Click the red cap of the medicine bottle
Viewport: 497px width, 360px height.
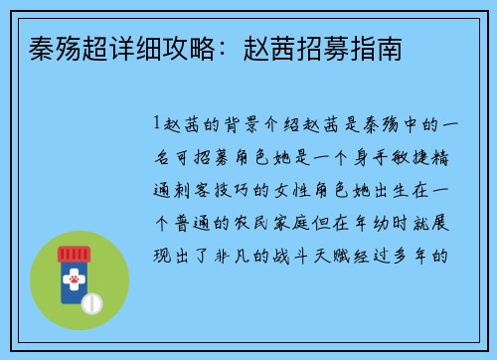pyautogui.click(x=74, y=255)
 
